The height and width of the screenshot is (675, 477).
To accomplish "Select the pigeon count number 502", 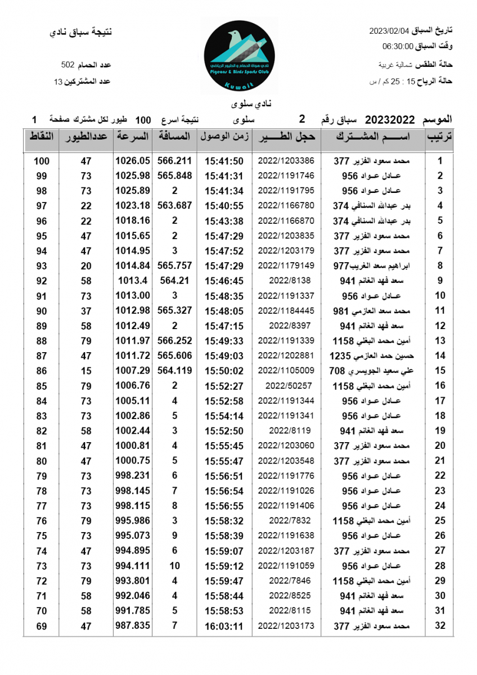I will coord(67,65).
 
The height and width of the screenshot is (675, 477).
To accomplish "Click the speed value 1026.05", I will coord(133,161).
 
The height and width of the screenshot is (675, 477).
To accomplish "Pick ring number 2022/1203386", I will coord(286,161).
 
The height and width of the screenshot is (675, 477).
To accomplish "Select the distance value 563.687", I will coord(175,205).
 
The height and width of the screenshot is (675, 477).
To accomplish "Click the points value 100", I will coord(42,161).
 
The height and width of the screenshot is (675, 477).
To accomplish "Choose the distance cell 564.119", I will coord(175,371).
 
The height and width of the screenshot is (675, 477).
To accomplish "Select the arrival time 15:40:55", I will coord(224,205).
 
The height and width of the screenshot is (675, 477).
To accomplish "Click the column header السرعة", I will coord(133,137).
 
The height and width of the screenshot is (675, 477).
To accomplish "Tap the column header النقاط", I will coord(41,137).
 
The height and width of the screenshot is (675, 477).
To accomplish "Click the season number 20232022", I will coord(390,119).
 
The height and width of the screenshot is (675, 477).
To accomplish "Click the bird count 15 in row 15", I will coord(85,371).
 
